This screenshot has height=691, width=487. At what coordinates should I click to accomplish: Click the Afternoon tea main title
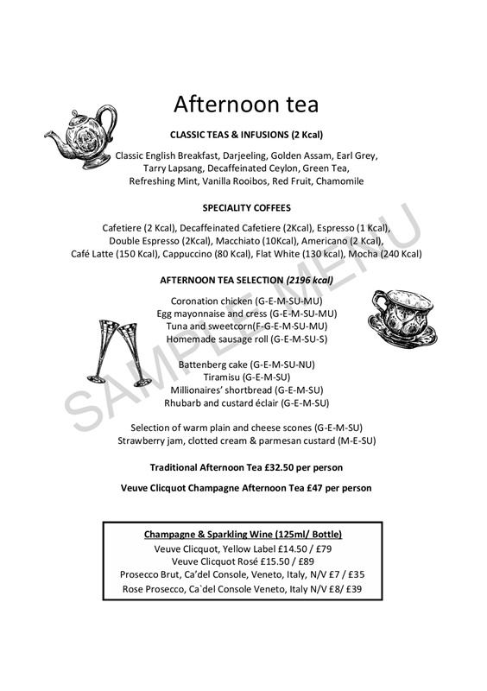coord(246,105)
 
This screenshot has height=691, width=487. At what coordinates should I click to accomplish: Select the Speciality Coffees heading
coord(246,208)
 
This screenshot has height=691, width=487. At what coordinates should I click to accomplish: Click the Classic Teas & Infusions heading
coord(246,136)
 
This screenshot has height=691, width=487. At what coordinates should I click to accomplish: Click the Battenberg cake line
coord(246,365)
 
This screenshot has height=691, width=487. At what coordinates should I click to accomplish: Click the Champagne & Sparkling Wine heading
coord(246,534)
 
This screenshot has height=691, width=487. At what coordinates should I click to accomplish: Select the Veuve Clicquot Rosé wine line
coord(246,561)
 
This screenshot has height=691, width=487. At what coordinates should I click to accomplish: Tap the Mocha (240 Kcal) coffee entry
coord(387,254)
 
